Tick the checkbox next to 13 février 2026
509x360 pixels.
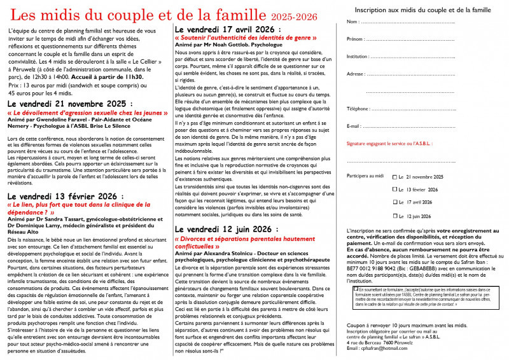[x=395, y=190]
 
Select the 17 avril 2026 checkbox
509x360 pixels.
[x=395, y=203]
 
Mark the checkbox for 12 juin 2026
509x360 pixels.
[x=395, y=216]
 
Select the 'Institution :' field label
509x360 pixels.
[x=360, y=57]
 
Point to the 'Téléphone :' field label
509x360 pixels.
[x=359, y=109]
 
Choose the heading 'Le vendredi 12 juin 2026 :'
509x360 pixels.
[x=230, y=228]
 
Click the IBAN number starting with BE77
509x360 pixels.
[x=375, y=269]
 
